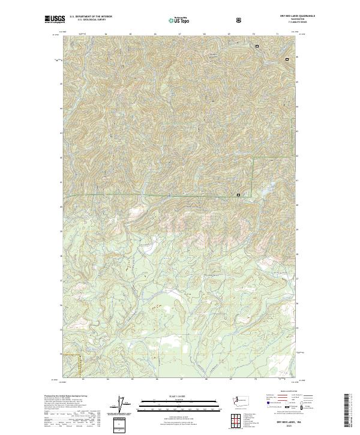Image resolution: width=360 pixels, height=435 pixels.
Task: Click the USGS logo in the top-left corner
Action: click(54, 19)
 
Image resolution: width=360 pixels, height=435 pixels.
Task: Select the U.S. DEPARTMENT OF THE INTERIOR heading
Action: click(91, 17)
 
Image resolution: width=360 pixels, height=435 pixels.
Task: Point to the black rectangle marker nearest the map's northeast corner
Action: click(287, 59)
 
